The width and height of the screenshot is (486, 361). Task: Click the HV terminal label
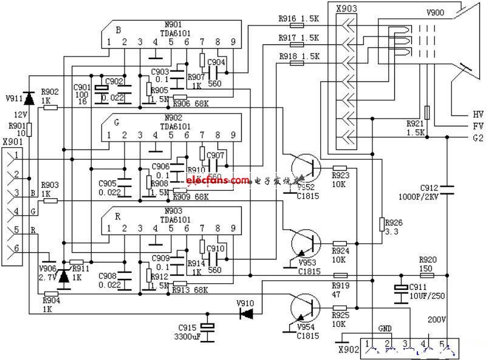point(477,114)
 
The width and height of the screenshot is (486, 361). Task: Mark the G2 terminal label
point(477,139)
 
